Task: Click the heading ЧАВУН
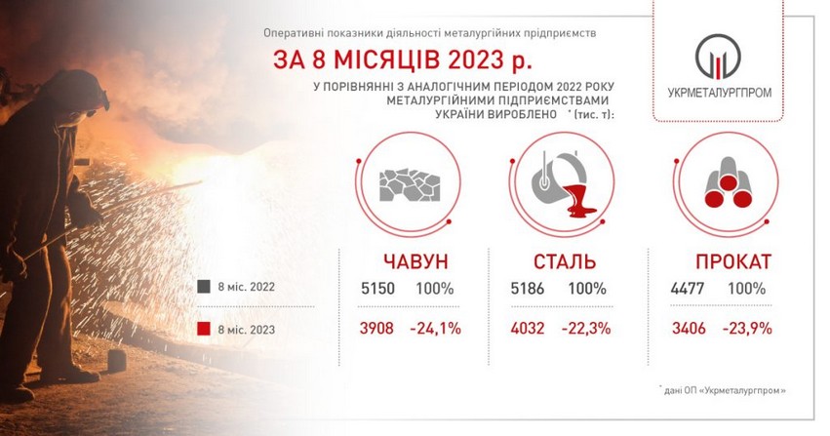click(415, 261)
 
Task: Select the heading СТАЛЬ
click(565, 261)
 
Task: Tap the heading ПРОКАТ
click(733, 261)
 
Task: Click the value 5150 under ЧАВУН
click(378, 289)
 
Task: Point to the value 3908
click(376, 328)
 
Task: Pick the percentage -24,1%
click(436, 328)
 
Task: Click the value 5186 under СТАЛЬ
click(528, 289)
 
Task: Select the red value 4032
click(528, 328)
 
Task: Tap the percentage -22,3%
click(586, 328)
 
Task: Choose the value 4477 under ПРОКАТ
click(687, 289)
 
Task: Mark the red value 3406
click(689, 328)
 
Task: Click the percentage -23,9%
click(747, 328)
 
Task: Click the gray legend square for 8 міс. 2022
click(204, 287)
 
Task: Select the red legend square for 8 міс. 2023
click(204, 329)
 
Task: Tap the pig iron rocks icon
click(410, 185)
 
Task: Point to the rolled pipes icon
click(729, 183)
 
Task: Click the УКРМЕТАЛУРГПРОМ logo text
click(720, 93)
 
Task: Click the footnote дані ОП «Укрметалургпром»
click(723, 391)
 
